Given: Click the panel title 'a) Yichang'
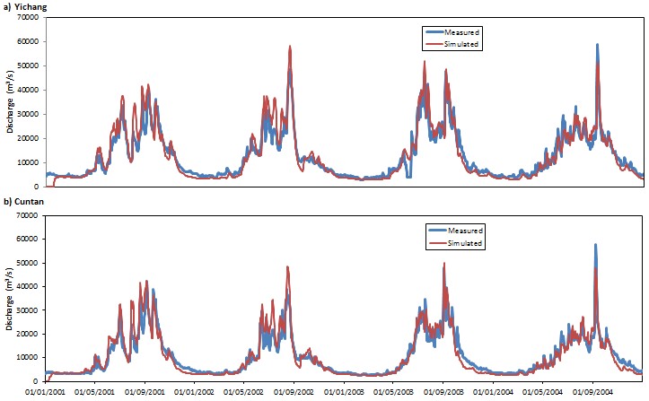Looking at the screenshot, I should (23, 7).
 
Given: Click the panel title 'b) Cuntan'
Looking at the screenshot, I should (22, 203).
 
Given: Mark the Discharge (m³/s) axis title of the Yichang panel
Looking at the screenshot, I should (10, 100).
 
